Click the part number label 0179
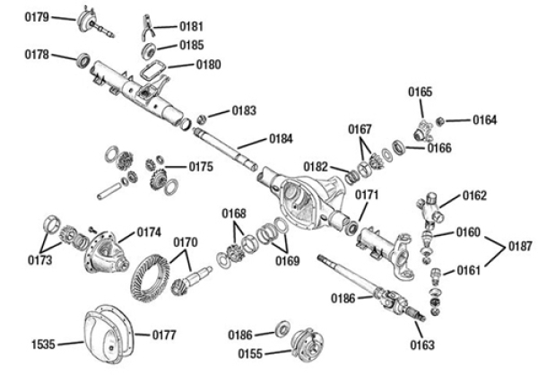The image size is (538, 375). point(36,16)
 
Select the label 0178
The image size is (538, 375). point(36,54)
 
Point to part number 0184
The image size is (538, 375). point(280,139)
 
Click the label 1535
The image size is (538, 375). point(44,343)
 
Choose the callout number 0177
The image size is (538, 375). point(162,336)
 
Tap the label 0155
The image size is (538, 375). point(250,353)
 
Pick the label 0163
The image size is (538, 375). point(424,344)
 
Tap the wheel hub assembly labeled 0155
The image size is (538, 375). point(307,344)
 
